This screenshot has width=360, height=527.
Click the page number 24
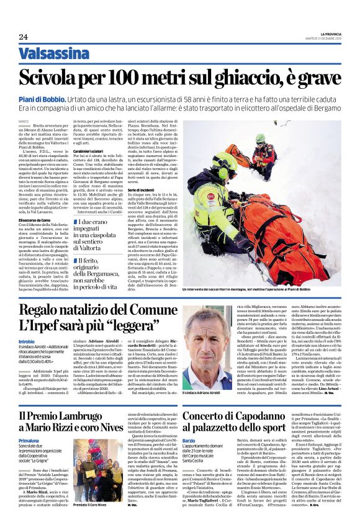tap(24, 37)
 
